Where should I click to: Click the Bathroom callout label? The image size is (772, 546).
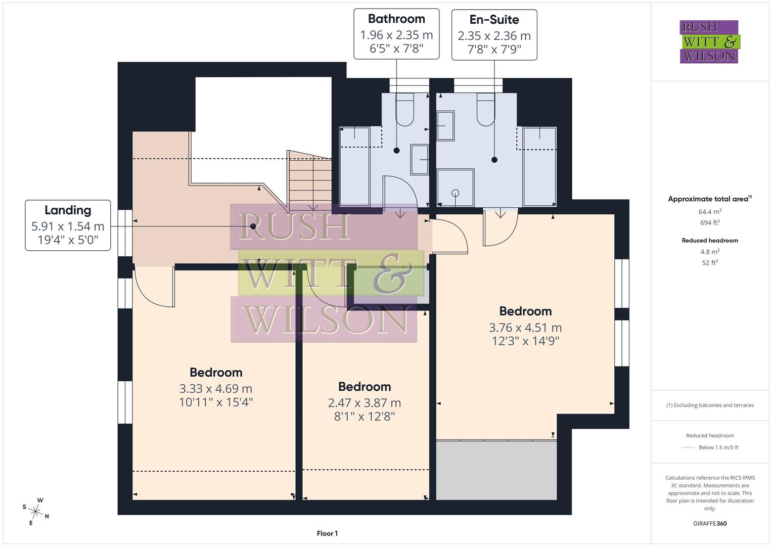pyautogui.click(x=396, y=19)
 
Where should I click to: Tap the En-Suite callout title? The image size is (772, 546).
pyautogui.click(x=494, y=20)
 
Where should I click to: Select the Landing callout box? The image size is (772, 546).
pyautogui.click(x=68, y=225)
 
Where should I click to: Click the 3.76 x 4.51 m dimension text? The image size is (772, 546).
pyautogui.click(x=525, y=328)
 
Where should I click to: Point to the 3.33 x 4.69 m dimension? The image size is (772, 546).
pyautogui.click(x=216, y=389)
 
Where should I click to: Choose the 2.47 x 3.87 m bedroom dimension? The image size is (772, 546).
pyautogui.click(x=365, y=403)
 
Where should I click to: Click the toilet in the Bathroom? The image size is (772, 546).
pyautogui.click(x=404, y=109)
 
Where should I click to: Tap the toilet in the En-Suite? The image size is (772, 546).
pyautogui.click(x=486, y=109)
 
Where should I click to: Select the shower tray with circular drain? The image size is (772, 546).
pyautogui.click(x=456, y=188)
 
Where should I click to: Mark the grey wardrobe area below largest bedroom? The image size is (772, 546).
pyautogui.click(x=496, y=470)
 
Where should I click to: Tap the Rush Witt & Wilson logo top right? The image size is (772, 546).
pyautogui.click(x=709, y=41)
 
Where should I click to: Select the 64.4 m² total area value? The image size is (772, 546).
pyautogui.click(x=710, y=212)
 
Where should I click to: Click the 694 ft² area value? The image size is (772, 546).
pyautogui.click(x=710, y=222)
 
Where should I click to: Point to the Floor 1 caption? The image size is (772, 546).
pyautogui.click(x=327, y=533)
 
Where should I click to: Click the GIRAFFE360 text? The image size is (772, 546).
pyautogui.click(x=710, y=523)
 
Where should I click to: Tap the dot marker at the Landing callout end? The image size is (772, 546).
pyautogui.click(x=253, y=226)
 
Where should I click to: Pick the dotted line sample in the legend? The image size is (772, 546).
pyautogui.click(x=688, y=447)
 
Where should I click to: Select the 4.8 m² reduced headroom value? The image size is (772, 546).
pyautogui.click(x=710, y=252)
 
